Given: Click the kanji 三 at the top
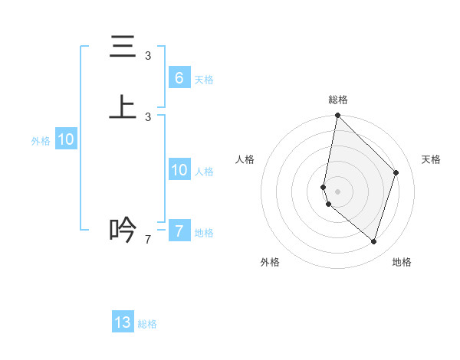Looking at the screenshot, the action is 123,47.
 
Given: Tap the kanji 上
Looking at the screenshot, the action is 123,106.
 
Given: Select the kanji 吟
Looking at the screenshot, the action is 123,229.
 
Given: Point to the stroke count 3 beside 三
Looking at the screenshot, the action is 148,56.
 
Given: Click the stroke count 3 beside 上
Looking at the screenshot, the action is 148,116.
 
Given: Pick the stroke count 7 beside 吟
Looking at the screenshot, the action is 148,240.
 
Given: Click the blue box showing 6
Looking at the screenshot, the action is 179,77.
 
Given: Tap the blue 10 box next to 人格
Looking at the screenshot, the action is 179,170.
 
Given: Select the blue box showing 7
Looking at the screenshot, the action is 179,231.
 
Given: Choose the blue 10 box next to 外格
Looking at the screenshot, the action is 66,139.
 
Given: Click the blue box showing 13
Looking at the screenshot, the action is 123,322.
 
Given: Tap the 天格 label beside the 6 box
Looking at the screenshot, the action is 204,80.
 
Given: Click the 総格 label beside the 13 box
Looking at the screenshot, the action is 147,325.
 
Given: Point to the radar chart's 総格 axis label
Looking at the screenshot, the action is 338,100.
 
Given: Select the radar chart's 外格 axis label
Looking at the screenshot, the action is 270,262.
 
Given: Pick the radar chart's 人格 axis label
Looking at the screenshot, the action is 245,159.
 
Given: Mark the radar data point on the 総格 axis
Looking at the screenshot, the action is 337,115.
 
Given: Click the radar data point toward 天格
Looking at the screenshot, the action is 396,172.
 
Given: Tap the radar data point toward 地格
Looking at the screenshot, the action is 373,241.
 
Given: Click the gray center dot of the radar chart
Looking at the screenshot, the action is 337,190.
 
